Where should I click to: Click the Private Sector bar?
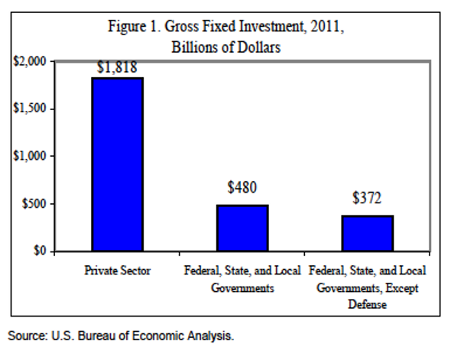coord(117,164)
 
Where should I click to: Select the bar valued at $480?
coord(242,228)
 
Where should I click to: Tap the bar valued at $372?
coord(367,233)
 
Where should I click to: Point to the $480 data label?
coord(242,188)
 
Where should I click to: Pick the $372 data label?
coord(367,198)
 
